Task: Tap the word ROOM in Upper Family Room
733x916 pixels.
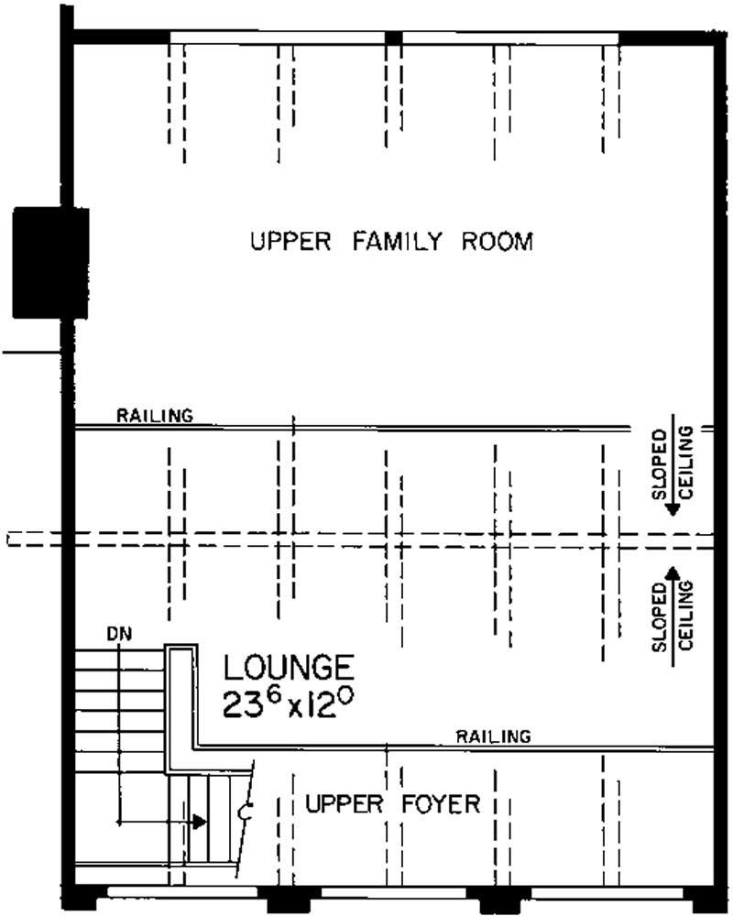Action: [x=498, y=242]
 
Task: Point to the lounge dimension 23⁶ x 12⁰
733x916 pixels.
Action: [x=288, y=703]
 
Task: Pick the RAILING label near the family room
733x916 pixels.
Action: [x=155, y=416]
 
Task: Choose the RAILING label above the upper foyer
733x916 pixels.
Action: [x=494, y=736]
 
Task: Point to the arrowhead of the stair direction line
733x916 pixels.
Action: [x=199, y=822]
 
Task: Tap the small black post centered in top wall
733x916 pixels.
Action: [x=393, y=38]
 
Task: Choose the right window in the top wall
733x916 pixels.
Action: [x=510, y=38]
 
